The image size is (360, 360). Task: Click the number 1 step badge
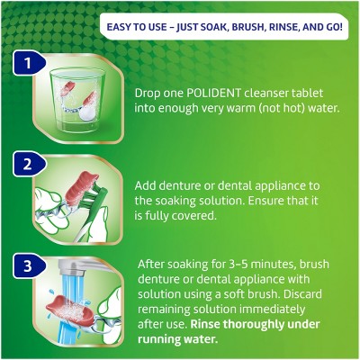click(30, 63)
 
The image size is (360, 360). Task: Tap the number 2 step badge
click(30, 165)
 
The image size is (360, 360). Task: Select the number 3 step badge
click(30, 265)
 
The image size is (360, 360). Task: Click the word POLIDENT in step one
click(213, 93)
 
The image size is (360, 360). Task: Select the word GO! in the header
click(333, 27)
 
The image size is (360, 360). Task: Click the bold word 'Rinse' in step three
click(206, 324)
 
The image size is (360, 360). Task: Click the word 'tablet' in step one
click(308, 93)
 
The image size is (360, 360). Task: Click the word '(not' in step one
click(272, 108)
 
